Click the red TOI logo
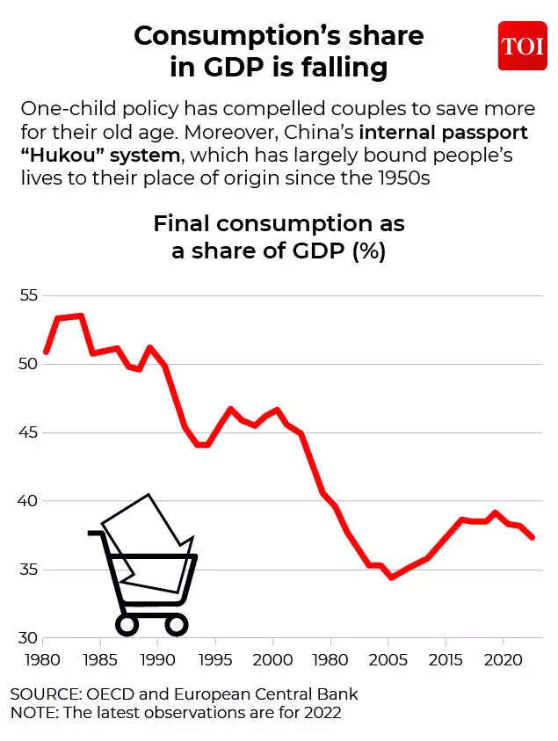pyautogui.click(x=522, y=46)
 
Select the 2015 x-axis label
pyautogui.click(x=445, y=658)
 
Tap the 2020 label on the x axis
pyautogui.click(x=502, y=658)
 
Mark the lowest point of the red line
pyautogui.click(x=391, y=578)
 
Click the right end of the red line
pyautogui.click(x=533, y=537)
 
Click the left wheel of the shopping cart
pyautogui.click(x=127, y=625)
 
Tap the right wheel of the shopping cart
pyautogui.click(x=176, y=625)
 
